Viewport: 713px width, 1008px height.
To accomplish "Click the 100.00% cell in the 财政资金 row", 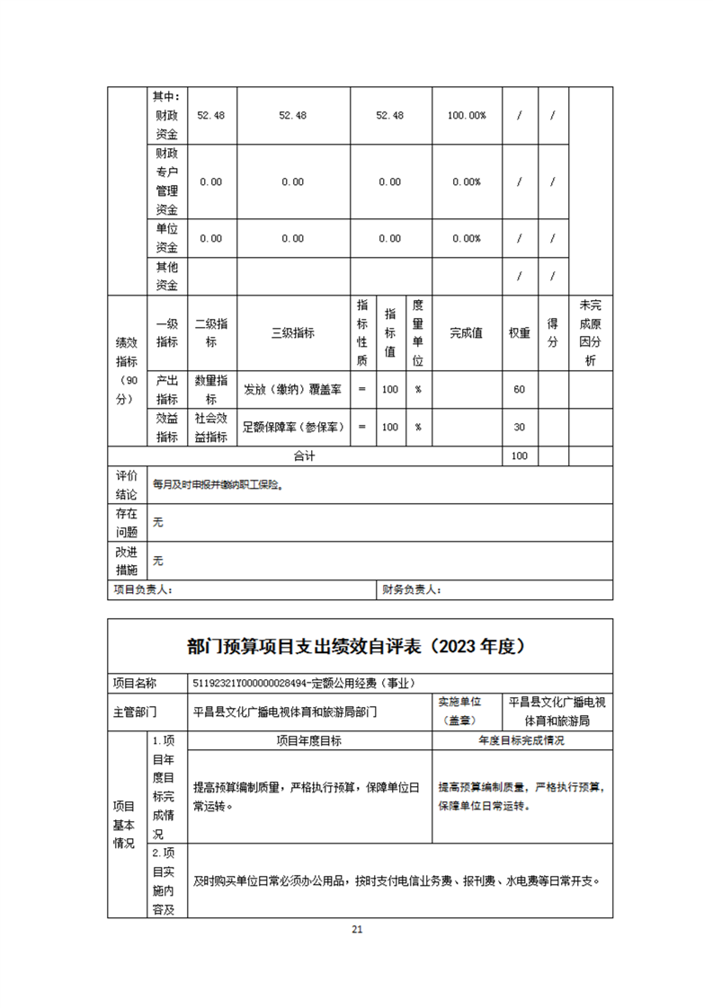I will coord(467,116).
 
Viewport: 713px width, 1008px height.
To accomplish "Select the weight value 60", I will coord(519,390).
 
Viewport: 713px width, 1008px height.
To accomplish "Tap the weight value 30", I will coord(519,428).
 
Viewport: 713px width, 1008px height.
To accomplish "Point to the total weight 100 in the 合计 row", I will coord(519,456).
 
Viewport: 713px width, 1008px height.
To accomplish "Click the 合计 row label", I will coord(304,456).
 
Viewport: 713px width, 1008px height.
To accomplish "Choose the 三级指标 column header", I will coord(292,333).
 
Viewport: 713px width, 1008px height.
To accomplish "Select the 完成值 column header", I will coord(466,333).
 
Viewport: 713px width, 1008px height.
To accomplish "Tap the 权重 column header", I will coord(519,333).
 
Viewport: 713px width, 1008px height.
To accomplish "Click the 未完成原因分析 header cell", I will coord(591,333).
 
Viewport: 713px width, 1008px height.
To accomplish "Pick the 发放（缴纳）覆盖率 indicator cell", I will coord(292,390).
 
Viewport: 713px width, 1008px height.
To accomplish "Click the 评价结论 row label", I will coord(127,484).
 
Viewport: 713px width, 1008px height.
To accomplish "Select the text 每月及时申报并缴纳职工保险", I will coord(218,485).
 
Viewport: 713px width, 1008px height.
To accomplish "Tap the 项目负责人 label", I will coord(143,590).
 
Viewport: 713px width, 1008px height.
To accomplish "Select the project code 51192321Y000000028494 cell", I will coord(303,684).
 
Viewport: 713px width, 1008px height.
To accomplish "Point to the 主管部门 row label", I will coord(135,712).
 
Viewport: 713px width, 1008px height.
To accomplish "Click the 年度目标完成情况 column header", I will coord(521,741).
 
